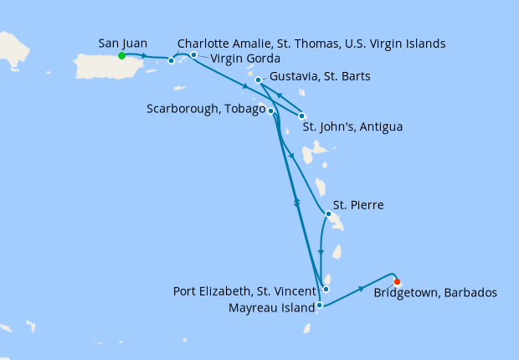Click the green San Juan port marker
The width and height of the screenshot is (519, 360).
(121, 56)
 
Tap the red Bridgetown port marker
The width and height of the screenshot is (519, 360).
(397, 282)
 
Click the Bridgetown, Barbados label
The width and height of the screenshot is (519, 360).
(436, 293)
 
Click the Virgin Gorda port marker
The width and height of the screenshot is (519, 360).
(193, 55)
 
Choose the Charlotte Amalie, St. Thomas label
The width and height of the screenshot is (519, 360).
(311, 43)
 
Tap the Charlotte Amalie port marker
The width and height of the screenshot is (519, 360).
(172, 60)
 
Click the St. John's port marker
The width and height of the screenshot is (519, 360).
(302, 116)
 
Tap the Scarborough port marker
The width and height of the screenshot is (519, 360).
(270, 111)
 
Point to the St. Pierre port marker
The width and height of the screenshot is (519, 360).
(328, 214)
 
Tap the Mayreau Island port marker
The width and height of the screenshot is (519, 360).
(320, 306)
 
